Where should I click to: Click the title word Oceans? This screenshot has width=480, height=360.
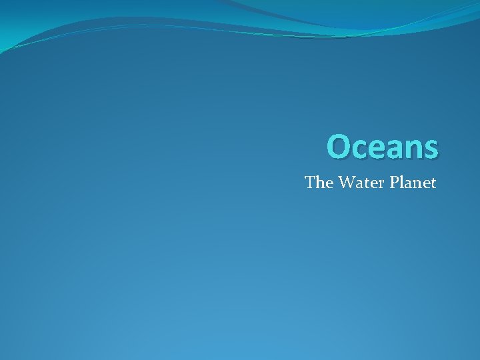coord(383,147)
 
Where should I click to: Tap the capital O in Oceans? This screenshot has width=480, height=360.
coord(339,147)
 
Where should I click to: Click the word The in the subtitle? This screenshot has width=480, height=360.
coord(319,182)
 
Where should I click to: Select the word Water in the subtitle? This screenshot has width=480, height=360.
coord(359,182)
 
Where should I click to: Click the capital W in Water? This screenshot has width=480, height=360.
coord(345,182)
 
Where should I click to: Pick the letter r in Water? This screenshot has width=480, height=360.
coord(378,183)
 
